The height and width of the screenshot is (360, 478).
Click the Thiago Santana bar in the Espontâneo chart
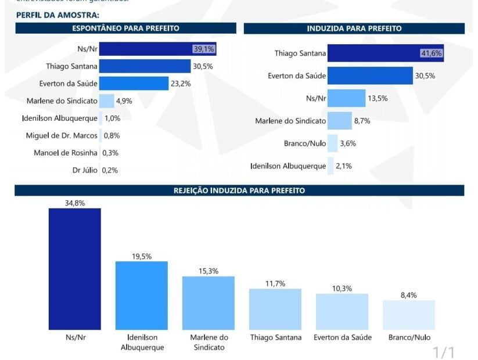[145, 66]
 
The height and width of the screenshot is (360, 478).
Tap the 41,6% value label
[432, 53]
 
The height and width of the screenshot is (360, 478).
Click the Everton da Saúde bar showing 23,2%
[134, 84]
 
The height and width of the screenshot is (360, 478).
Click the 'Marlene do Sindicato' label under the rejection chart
[209, 342]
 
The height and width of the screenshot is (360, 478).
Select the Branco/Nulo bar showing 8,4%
[409, 315]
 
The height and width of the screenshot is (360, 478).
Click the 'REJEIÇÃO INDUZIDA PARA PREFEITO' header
[239, 190]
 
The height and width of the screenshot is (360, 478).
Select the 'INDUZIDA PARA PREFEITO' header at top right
[354, 28]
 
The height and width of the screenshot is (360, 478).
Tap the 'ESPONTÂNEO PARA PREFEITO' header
[125, 28]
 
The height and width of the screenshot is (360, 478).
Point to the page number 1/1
[444, 352]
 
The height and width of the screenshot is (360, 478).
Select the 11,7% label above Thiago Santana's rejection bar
[275, 283]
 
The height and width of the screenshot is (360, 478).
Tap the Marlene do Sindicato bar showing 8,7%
[339, 121]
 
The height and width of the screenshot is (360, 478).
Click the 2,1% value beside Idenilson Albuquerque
[343, 166]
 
